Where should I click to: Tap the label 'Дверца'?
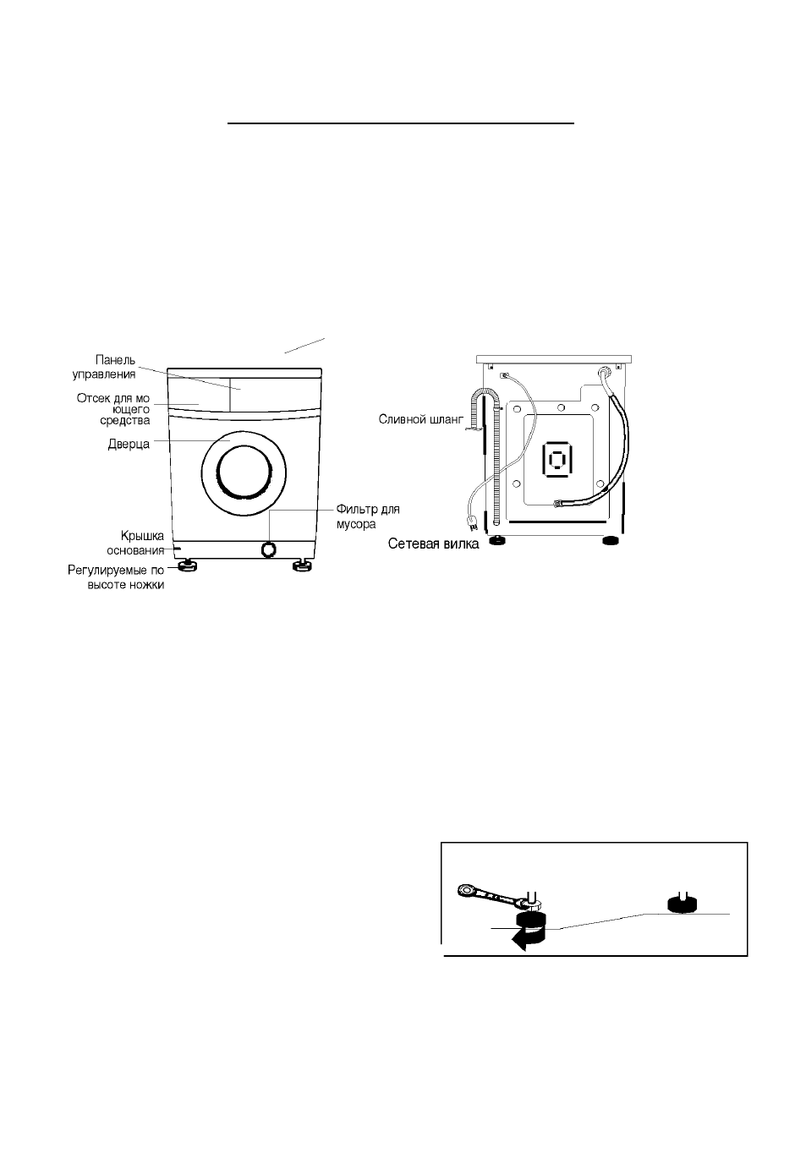pyautogui.click(x=129, y=444)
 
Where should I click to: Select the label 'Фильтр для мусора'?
pyautogui.click(x=368, y=516)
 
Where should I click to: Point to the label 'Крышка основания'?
pyautogui.click(x=134, y=543)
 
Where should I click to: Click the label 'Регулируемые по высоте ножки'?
pyautogui.click(x=116, y=577)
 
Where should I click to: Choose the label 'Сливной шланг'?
pyautogui.click(x=420, y=419)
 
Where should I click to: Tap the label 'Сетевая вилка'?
pyautogui.click(x=433, y=544)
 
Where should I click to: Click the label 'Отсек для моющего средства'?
pyautogui.click(x=113, y=409)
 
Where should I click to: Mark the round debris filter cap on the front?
pyautogui.click(x=268, y=549)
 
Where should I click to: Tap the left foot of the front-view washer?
pyautogui.click(x=186, y=565)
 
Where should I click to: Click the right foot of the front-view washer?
pyautogui.click(x=301, y=565)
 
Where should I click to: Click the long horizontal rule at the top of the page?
pyautogui.click(x=400, y=123)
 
